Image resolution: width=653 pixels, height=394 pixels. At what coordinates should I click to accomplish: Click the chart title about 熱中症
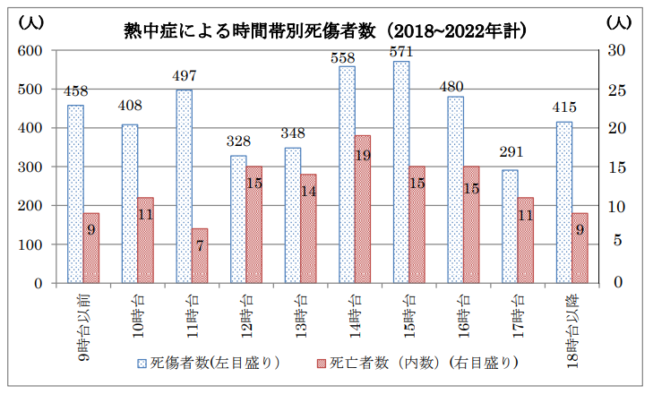point(324,30)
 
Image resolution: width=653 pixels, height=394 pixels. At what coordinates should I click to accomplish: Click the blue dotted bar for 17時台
point(510,227)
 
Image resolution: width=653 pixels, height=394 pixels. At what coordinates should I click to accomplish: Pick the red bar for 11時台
point(200,255)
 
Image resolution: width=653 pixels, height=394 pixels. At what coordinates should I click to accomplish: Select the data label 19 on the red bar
point(363,155)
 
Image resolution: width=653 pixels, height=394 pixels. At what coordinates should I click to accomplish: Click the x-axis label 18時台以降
point(573,327)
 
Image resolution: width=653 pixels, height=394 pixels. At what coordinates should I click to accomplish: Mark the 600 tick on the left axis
point(32,50)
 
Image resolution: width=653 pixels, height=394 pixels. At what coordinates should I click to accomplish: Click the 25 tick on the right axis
point(616,90)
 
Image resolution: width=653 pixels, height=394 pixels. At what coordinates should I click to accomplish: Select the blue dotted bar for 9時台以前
point(75,194)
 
